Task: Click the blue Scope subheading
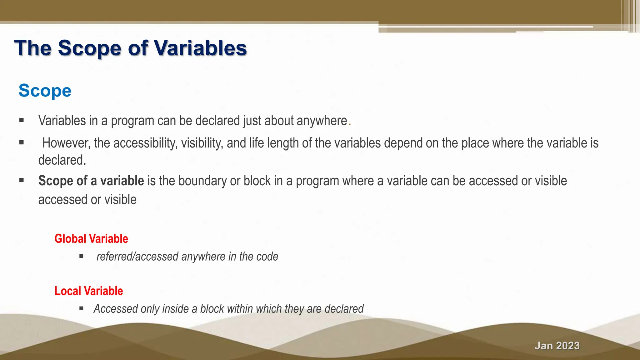click(45, 91)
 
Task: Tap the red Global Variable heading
click(91, 239)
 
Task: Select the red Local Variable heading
click(89, 291)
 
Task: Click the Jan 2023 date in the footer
click(557, 346)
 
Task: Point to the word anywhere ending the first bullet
click(322, 121)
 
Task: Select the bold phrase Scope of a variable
click(91, 181)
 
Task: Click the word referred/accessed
click(137, 257)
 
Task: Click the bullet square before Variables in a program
click(21, 120)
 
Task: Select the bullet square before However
click(21, 142)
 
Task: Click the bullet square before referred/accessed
click(81, 256)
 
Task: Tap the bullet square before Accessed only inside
click(81, 308)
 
